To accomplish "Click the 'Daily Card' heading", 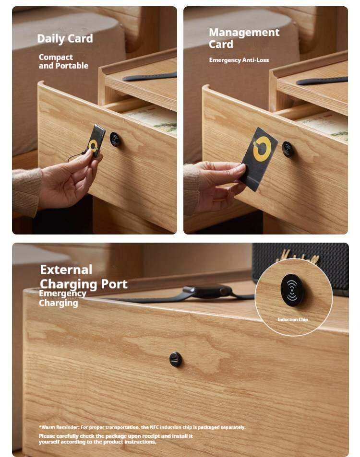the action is [65, 38].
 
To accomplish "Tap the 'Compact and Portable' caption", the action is [63, 61].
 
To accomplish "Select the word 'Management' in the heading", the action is [244, 32].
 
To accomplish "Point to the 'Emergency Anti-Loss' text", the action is [239, 60].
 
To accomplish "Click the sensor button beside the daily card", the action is [115, 140].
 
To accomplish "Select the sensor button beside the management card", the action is [288, 149].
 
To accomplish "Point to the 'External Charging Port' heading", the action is [84, 276].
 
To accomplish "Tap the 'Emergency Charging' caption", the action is [62, 298].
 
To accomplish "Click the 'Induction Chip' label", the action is [293, 320].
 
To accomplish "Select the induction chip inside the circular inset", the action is [292, 290].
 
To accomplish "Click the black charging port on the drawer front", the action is [176, 359].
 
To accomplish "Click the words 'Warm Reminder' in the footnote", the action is [60, 427].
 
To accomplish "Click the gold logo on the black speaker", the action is [297, 257].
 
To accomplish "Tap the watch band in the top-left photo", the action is [150, 77].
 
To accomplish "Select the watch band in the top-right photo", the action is [322, 81].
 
